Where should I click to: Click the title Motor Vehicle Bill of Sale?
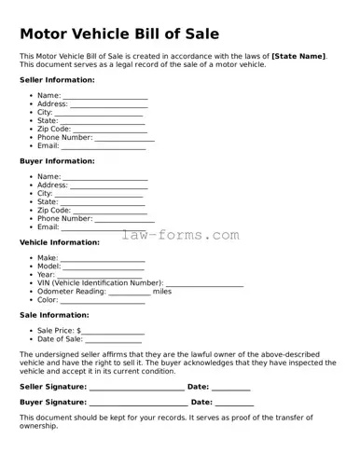coord(119,34)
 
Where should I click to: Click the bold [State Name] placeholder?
coord(298,57)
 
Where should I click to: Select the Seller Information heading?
coord(57,80)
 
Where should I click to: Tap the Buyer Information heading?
coord(57,161)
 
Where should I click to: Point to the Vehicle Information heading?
coord(60,242)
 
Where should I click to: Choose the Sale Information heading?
coord(54,315)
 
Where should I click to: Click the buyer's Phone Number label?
coord(64,219)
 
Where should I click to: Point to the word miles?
coord(162,292)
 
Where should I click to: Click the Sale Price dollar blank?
coord(113,333)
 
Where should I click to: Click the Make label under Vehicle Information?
coord(48,258)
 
